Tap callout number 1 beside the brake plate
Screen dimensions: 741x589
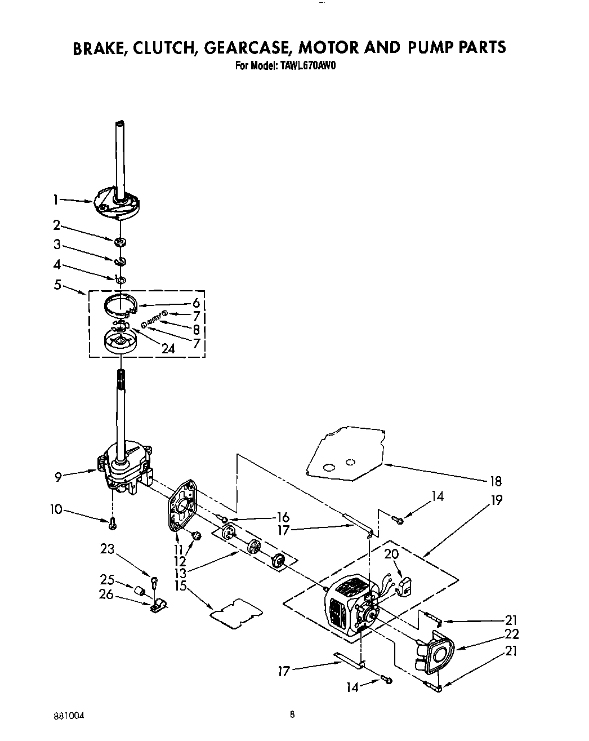pyautogui.click(x=56, y=199)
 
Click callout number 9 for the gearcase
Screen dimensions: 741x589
pyautogui.click(x=58, y=477)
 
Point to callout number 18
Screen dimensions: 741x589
pyautogui.click(x=496, y=481)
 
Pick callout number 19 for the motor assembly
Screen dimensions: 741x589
pyautogui.click(x=497, y=500)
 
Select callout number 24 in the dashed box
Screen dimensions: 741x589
pyautogui.click(x=167, y=349)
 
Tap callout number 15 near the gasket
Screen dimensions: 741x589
pyautogui.click(x=180, y=585)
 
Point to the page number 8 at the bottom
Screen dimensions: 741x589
pyautogui.click(x=292, y=715)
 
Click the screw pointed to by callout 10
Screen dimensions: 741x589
pyautogui.click(x=113, y=523)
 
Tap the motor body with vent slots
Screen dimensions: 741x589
pyautogui.click(x=345, y=610)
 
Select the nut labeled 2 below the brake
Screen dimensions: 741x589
pyautogui.click(x=119, y=242)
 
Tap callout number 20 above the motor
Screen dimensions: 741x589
pyautogui.click(x=391, y=554)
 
